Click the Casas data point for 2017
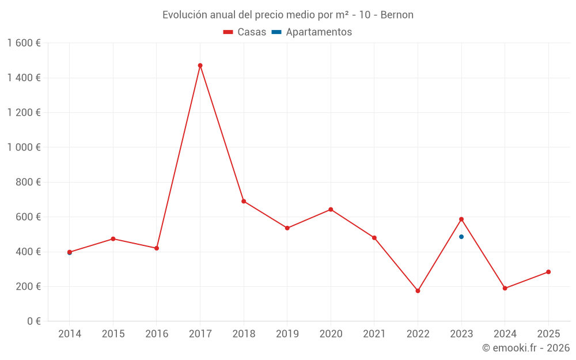pos(200,66)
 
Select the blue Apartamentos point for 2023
pos(461,237)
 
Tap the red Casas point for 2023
pos(461,219)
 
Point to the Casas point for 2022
pos(418,291)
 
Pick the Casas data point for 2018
pos(244,201)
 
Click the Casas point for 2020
pos(331,210)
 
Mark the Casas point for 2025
pos(548,272)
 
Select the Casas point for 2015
pos(113,238)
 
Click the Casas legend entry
pos(245,32)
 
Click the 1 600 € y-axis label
pos(24,43)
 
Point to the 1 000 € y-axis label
pos(24,147)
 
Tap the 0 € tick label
pos(33,321)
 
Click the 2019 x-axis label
pos(287,334)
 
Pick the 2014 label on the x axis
pos(70,334)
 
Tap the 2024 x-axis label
pos(505,334)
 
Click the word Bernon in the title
pos(397,15)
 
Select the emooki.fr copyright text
pos(526,348)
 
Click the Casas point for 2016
pos(157,248)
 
